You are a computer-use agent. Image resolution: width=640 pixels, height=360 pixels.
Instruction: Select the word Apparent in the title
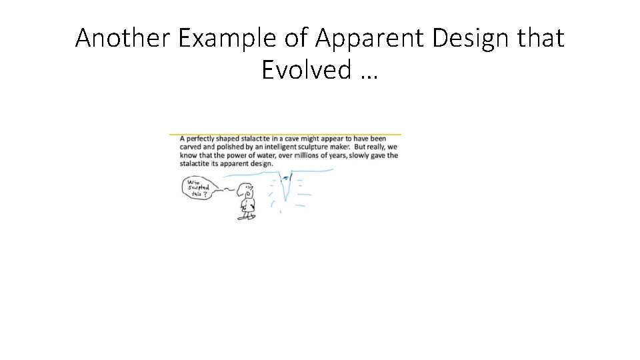click(x=371, y=39)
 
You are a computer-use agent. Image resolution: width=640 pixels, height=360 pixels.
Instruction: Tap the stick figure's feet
click(x=247, y=217)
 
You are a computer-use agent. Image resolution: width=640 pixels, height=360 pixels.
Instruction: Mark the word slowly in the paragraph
click(x=359, y=155)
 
